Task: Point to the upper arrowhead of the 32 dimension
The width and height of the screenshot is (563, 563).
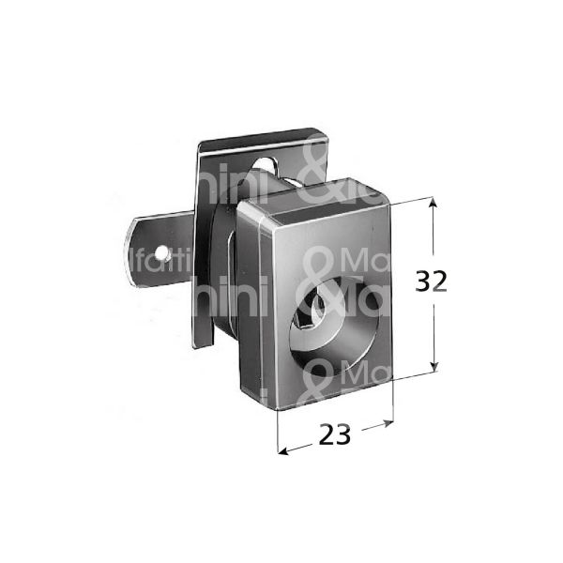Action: pyautogui.click(x=434, y=202)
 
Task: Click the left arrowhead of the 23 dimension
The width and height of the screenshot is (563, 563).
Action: pyautogui.click(x=282, y=449)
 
